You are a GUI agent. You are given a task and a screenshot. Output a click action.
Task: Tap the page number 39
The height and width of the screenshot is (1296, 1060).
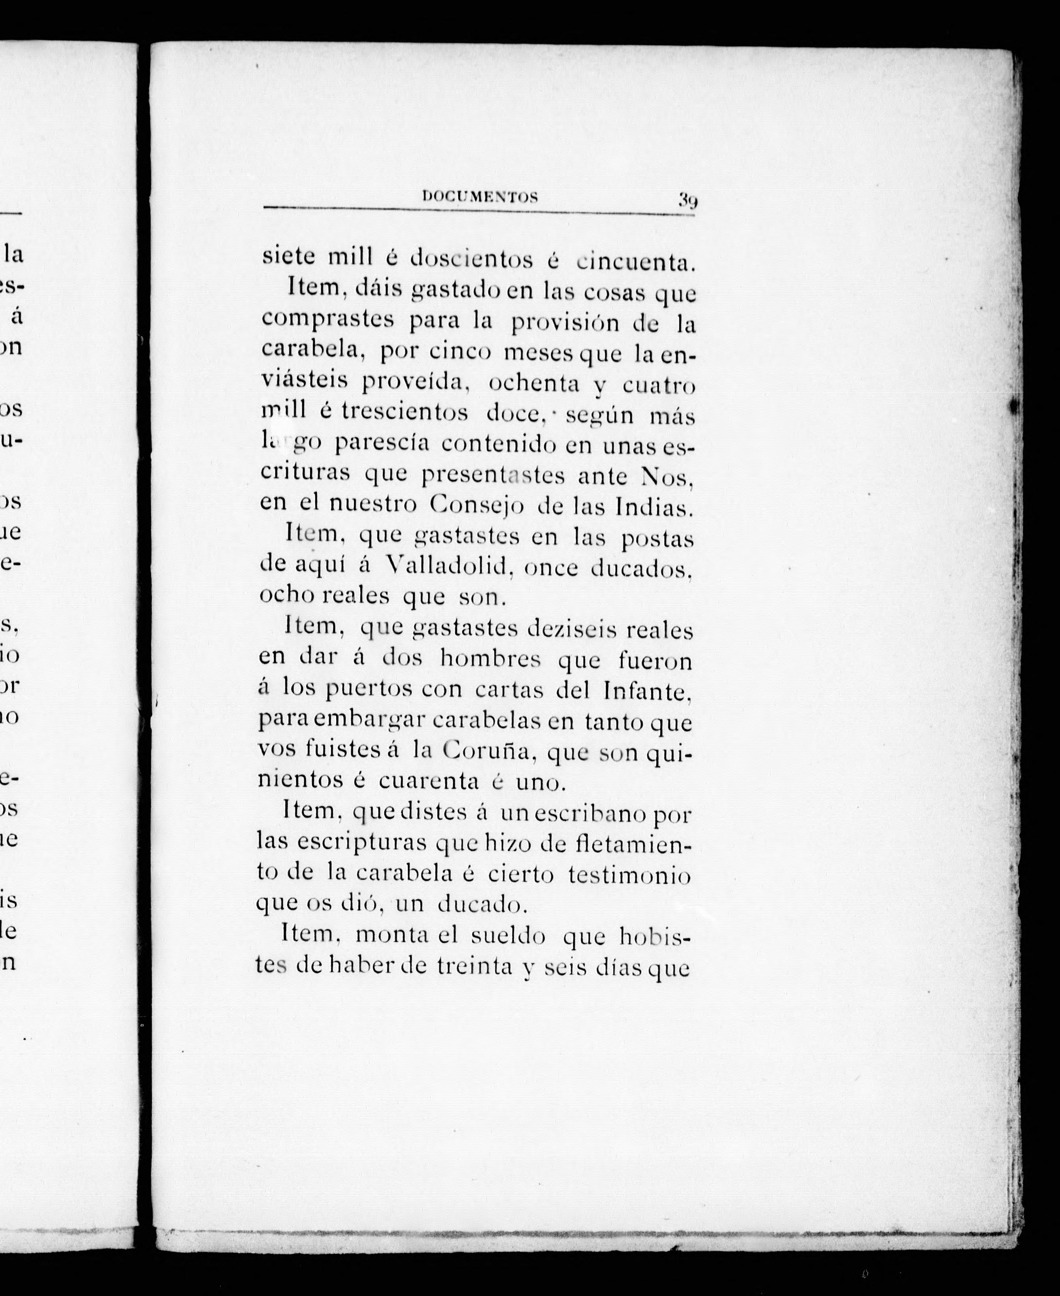pos(686,201)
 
